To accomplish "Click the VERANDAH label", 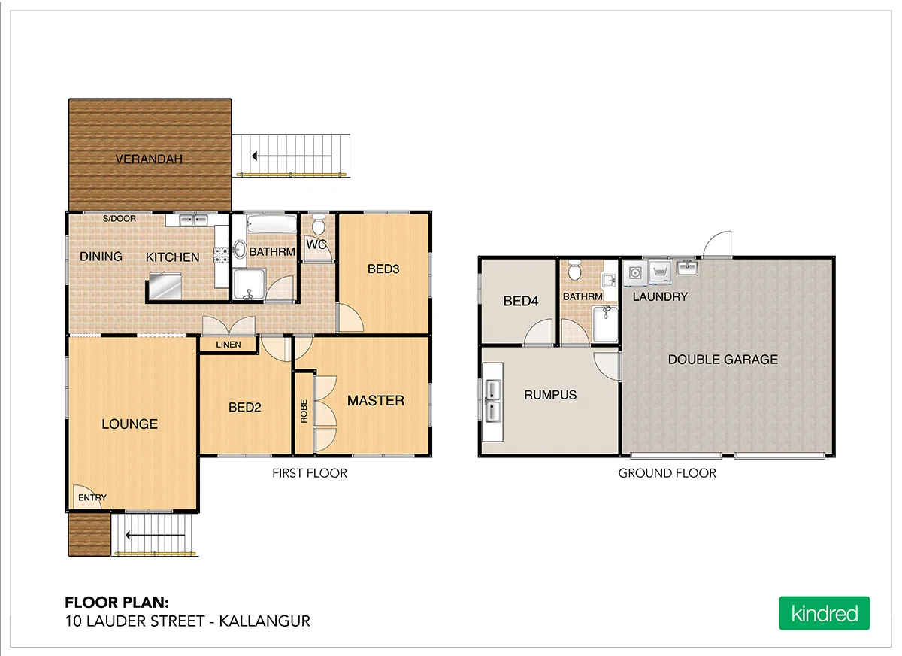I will (x=149, y=159).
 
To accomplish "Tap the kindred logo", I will (x=824, y=613).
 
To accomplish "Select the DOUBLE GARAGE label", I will (x=723, y=360).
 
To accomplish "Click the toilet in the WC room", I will (x=319, y=225).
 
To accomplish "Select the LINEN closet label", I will (x=229, y=345).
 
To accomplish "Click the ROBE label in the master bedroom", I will (x=304, y=411).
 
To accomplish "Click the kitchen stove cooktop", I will (x=221, y=254).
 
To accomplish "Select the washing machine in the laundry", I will (x=636, y=273).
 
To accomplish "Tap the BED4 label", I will (x=521, y=302).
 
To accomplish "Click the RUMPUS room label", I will (x=550, y=394).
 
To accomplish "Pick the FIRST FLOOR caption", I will (x=309, y=473).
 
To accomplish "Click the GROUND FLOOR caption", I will (x=667, y=473).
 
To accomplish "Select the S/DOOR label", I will (x=120, y=219).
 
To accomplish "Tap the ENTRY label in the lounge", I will (x=92, y=497).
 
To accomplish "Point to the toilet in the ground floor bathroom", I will (x=575, y=269).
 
